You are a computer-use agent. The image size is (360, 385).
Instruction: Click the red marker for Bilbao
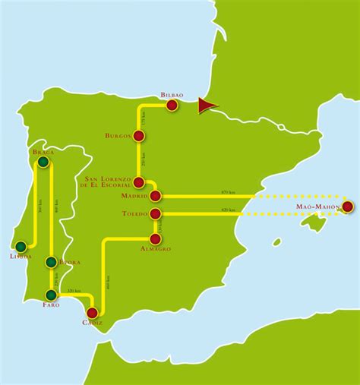click(172, 106)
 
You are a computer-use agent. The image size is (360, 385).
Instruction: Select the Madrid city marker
click(155, 196)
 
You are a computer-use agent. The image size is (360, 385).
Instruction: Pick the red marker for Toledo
click(155, 213)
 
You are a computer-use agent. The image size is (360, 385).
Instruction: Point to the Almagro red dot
click(155, 238)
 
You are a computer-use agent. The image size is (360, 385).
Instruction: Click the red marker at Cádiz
click(93, 312)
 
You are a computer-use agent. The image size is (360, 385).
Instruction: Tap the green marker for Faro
click(51, 295)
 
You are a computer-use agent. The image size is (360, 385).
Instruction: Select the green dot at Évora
click(51, 263)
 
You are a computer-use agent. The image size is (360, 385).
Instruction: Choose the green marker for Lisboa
click(21, 246)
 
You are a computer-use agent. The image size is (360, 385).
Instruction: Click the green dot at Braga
click(43, 161)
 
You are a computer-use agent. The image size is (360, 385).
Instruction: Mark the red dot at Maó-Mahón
click(347, 206)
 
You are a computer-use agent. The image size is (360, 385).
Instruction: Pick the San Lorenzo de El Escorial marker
click(139, 182)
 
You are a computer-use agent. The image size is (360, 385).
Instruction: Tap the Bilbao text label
click(172, 96)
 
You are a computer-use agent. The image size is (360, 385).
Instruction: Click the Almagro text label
click(156, 248)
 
